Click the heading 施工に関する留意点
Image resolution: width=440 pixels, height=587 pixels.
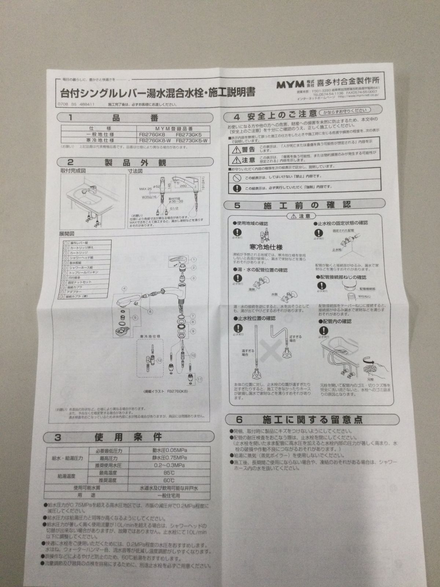[313, 419]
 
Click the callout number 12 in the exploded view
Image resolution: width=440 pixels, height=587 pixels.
[159, 361]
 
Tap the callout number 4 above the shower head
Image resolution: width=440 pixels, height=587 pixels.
[125, 288]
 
